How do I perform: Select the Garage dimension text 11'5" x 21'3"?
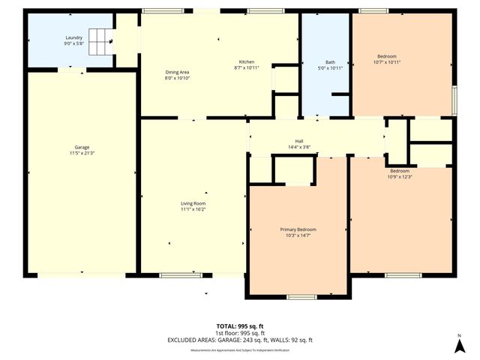(x=83, y=153)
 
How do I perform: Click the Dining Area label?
(x=177, y=72)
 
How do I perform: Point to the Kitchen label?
(x=247, y=61)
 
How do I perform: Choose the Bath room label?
(x=330, y=62)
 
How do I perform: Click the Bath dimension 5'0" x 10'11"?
(x=330, y=68)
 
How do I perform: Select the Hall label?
(x=298, y=141)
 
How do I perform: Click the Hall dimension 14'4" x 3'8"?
(x=298, y=147)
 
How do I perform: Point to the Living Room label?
(x=193, y=203)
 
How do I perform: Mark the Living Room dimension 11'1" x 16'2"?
(x=193, y=209)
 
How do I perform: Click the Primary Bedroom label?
(x=298, y=229)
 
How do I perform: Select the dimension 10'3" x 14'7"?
(x=298, y=235)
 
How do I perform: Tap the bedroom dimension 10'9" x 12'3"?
(x=399, y=177)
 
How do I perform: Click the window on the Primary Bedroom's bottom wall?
(x=301, y=297)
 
